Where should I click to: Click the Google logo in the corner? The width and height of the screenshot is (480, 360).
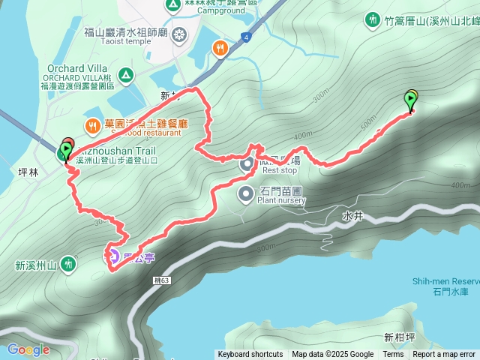(28, 349)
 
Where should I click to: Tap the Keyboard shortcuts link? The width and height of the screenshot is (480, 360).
(250, 355)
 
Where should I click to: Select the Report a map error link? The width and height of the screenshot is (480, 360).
(444, 355)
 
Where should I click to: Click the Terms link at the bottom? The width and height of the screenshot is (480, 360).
(393, 355)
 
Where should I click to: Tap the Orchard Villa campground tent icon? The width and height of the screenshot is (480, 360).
(127, 74)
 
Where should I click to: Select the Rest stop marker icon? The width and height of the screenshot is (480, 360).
(246, 163)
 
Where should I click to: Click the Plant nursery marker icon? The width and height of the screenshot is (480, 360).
(246, 195)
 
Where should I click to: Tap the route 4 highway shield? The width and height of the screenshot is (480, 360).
(245, 37)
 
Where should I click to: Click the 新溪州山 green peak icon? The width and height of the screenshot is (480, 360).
(69, 264)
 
